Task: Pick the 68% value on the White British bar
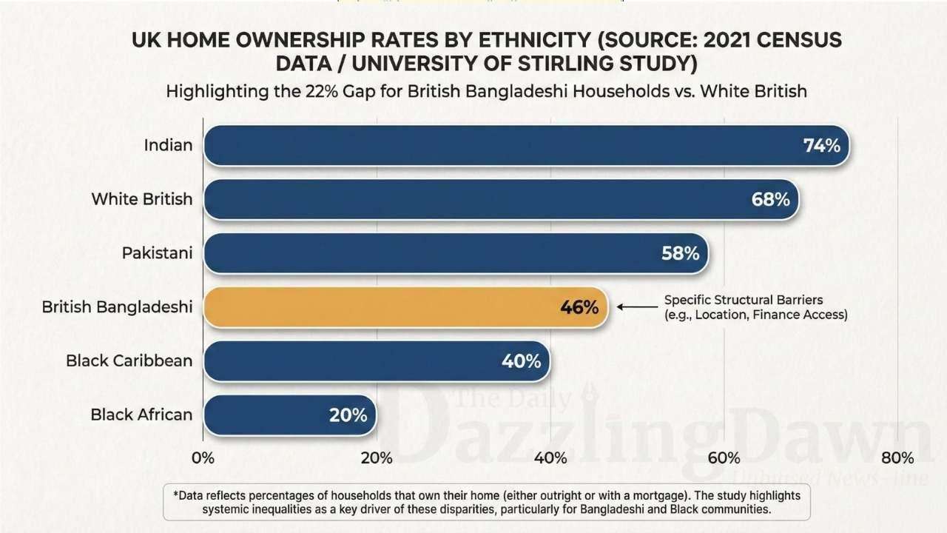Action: pyautogui.click(x=770, y=199)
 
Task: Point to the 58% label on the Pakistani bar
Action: pyautogui.click(x=680, y=253)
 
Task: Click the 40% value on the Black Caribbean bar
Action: pyautogui.click(x=522, y=361)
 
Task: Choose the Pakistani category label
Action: pyautogui.click(x=157, y=253)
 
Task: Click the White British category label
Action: pyautogui.click(x=141, y=199)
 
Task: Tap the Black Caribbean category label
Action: pyautogui.click(x=129, y=361)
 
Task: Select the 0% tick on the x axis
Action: pyautogui.click(x=203, y=457)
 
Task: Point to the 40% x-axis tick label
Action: pyautogui.click(x=550, y=457)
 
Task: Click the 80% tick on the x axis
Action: pyautogui.click(x=897, y=457)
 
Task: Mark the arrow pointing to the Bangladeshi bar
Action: pyautogui.click(x=637, y=307)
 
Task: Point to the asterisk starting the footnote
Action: pyautogui.click(x=176, y=495)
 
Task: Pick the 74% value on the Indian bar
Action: pyautogui.click(x=821, y=145)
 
